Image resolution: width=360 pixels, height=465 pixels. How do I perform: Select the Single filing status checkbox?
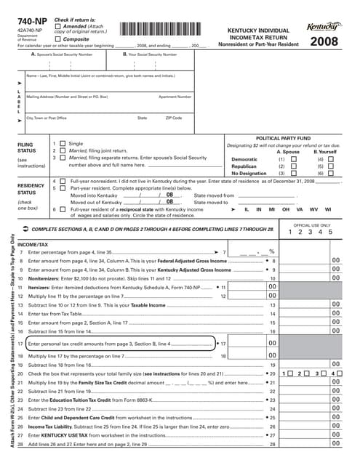[63, 145]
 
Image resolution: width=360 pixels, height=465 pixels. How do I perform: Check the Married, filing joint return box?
[63, 151]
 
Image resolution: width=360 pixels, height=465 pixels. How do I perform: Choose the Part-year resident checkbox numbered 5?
[63, 187]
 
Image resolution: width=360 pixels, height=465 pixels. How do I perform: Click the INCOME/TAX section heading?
[33, 245]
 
